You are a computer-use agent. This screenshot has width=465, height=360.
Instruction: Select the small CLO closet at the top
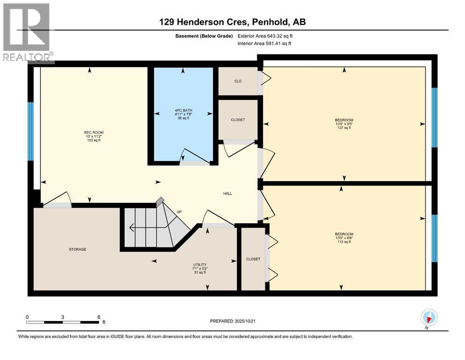(x=237, y=81)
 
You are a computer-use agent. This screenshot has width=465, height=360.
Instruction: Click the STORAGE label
(x=78, y=249)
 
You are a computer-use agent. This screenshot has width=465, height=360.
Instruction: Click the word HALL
(x=228, y=194)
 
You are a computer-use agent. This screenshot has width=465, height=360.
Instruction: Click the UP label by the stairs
(x=179, y=212)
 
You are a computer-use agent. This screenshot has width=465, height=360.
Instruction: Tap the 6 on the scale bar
(x=98, y=317)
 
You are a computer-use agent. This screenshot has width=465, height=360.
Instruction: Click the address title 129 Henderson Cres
(x=232, y=22)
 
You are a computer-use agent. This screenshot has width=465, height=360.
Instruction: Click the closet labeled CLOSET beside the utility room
(x=252, y=259)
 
